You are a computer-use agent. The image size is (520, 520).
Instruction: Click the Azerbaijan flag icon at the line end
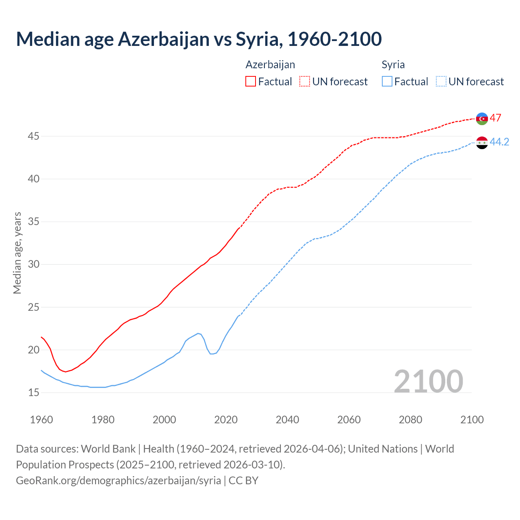[x=482, y=119]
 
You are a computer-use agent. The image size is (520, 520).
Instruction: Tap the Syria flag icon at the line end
[x=482, y=143]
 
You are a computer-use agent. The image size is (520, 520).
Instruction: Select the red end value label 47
[x=495, y=118]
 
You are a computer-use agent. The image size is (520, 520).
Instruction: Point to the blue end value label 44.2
[x=499, y=142]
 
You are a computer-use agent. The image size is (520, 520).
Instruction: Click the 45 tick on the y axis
[x=33, y=136]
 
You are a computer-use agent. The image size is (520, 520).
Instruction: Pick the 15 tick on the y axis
[x=33, y=392]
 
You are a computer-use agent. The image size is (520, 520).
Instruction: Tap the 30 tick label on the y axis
[x=33, y=264]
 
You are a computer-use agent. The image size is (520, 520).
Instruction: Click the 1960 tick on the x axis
[x=41, y=420]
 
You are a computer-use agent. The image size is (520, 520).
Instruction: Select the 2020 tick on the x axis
[x=226, y=420]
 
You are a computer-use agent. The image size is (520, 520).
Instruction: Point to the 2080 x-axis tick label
[x=410, y=420]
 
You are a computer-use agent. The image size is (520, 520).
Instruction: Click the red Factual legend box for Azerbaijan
[x=251, y=82]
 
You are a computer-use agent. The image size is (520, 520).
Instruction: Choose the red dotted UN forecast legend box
[x=305, y=82]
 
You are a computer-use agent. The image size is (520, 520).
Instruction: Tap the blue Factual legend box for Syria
[x=387, y=82]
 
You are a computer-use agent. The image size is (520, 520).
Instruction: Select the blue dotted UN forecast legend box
[x=441, y=82]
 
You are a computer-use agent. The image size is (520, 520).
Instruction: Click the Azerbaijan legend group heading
[x=270, y=65]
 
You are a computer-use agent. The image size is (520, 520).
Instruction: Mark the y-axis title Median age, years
[x=17, y=253]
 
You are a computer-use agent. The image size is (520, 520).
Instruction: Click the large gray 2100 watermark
[x=428, y=381]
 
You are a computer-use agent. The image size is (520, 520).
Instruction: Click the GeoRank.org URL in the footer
[x=118, y=480]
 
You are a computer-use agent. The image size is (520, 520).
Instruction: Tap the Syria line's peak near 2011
[x=198, y=334]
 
